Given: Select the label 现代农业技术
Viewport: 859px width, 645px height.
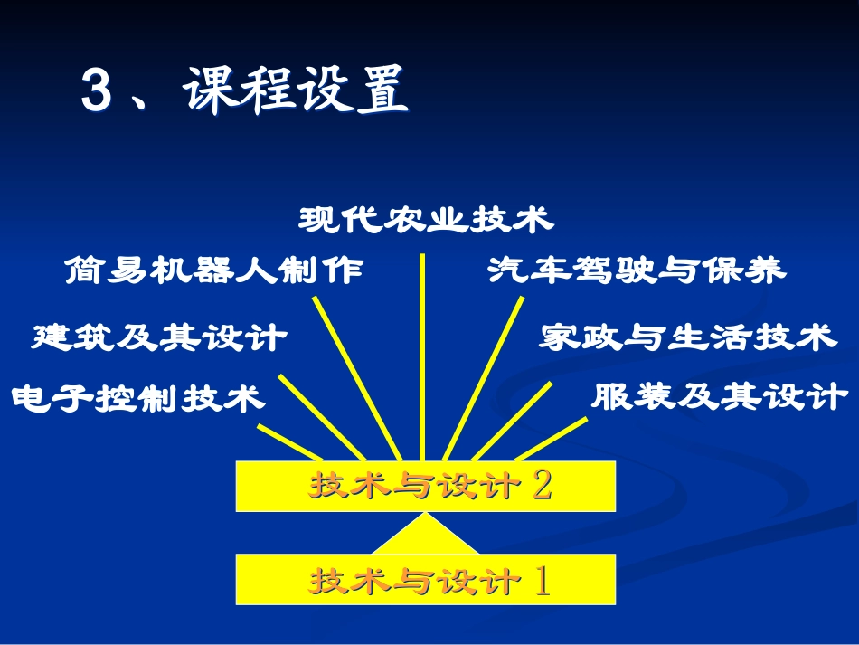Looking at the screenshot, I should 425,220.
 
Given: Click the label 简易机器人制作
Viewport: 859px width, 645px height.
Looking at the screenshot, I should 214,270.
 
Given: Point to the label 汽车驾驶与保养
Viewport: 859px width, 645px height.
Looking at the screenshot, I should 637,270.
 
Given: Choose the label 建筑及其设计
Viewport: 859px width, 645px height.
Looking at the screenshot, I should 159,338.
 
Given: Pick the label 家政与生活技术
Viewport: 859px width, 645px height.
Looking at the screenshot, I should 687,338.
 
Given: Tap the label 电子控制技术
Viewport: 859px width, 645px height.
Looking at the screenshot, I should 137,398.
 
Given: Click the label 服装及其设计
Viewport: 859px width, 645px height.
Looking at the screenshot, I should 719,397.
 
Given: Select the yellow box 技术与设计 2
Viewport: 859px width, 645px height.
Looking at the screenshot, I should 425,486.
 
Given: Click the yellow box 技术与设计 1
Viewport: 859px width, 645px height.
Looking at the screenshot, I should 425,580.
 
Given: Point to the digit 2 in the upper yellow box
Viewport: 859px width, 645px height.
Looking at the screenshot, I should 543,486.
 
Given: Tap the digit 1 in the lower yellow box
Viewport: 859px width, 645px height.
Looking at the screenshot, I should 543,580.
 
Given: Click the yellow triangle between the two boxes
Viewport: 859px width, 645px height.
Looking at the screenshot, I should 425,536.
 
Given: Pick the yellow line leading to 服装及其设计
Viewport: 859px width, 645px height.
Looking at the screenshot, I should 552,439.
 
